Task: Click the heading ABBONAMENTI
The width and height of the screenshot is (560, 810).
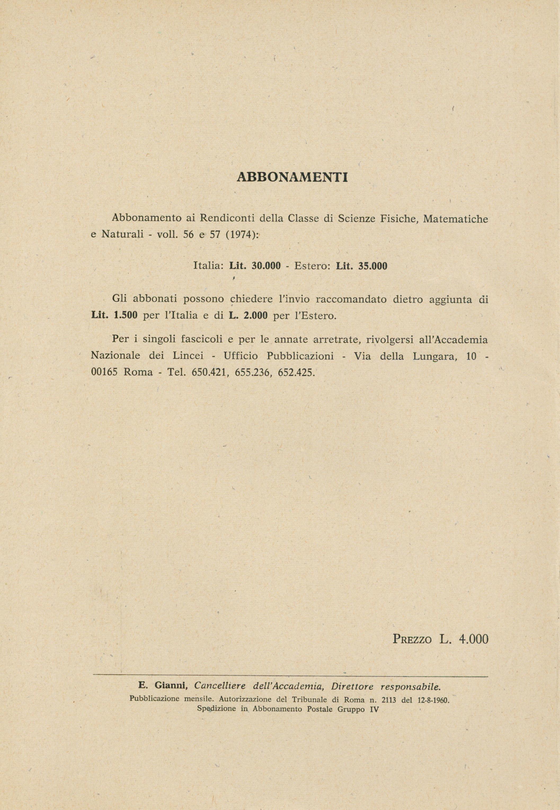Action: [292, 177]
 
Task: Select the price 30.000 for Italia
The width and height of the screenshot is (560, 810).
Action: [266, 266]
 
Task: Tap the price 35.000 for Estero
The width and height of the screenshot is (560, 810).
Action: [373, 266]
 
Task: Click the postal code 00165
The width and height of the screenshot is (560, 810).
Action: [104, 372]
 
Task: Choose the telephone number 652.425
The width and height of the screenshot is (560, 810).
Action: [295, 372]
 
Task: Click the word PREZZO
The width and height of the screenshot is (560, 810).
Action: [412, 639]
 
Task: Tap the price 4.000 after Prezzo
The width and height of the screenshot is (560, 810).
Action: [473, 639]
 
